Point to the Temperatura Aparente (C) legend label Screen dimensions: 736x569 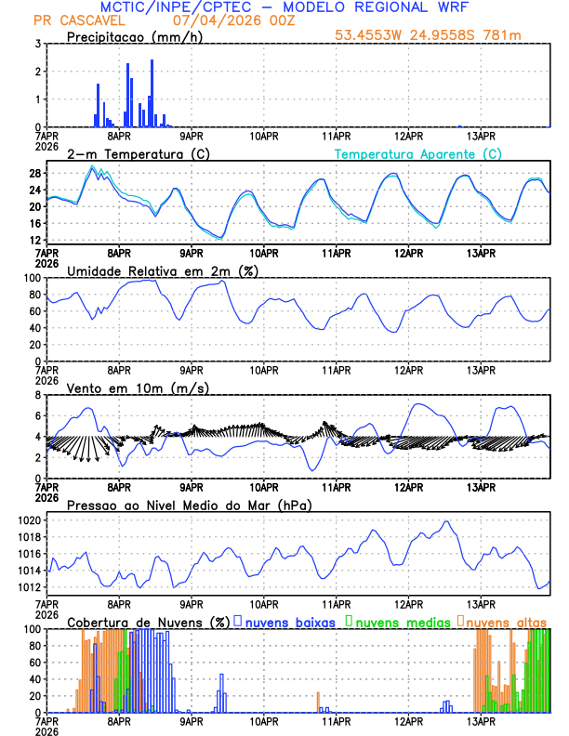(417, 153)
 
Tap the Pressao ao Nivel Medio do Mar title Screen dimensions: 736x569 (189, 505)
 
